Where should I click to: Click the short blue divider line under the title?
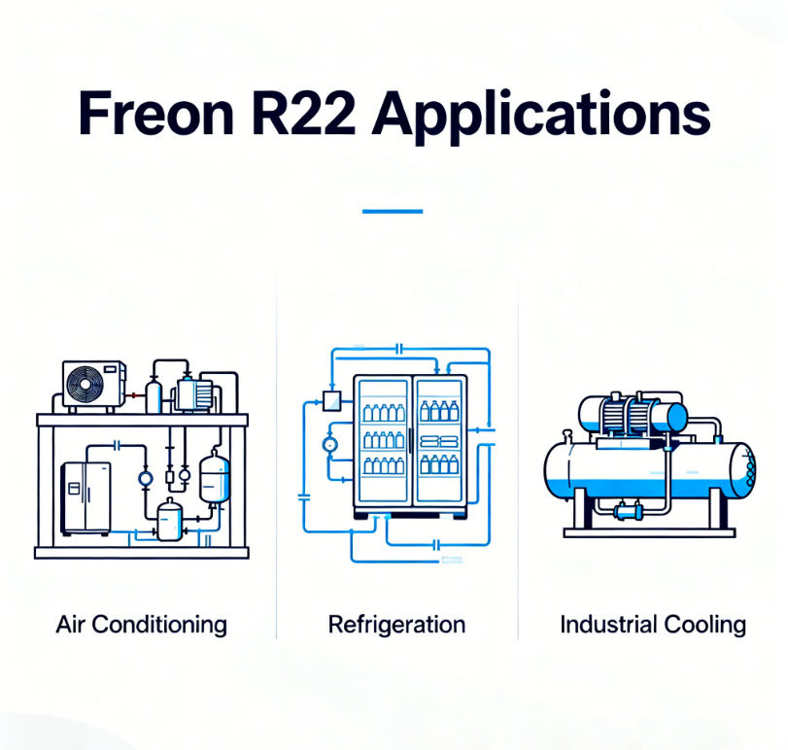point(393,210)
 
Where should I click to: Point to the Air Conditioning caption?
point(141,624)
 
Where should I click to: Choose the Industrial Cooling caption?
point(653,624)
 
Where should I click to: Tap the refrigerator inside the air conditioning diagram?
point(86,496)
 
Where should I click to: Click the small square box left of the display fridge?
point(326,396)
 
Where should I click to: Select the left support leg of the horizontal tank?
point(580,510)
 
